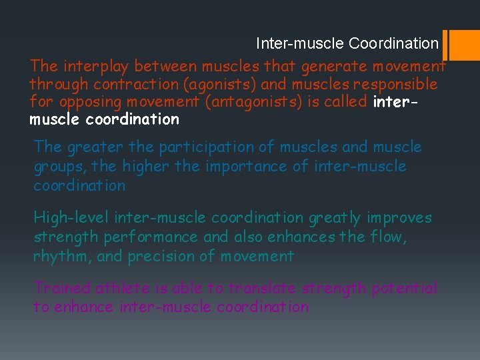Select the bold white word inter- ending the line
point(397,103)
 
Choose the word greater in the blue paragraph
point(89,147)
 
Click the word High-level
point(72,218)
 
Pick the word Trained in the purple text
point(63,289)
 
